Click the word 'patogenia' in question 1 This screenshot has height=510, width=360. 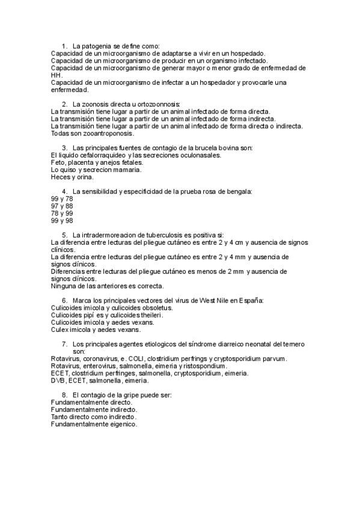95,46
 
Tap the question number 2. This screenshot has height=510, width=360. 64,104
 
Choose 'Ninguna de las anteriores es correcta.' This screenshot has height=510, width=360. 108,286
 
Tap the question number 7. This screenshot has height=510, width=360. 64,344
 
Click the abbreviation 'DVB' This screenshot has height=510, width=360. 58,381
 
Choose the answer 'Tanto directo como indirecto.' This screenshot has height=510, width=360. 94,417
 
